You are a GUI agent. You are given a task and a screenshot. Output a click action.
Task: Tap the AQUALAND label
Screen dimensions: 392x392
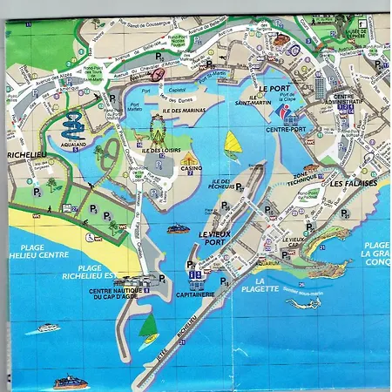(73, 142)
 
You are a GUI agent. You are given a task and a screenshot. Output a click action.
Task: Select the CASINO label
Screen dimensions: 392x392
(191, 168)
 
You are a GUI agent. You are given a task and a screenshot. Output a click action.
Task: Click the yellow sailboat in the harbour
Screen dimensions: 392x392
(233, 142)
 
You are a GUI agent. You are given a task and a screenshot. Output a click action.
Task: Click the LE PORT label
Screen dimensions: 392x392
(274, 88)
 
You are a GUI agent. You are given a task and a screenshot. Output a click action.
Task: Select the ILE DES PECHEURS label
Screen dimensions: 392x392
(226, 185)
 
